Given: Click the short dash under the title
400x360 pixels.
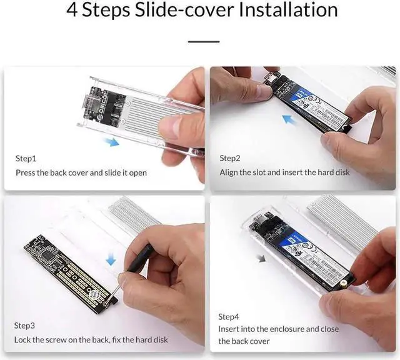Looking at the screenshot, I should [x=204, y=42].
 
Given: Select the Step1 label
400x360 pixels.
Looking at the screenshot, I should [x=26, y=159].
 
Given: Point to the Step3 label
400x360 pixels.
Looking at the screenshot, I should [x=26, y=326].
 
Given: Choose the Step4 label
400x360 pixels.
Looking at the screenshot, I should [x=230, y=316].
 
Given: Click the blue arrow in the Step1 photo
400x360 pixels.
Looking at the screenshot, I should [x=111, y=142].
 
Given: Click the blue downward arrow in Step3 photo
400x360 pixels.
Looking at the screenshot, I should [x=110, y=257].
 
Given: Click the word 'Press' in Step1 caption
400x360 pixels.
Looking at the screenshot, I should [x=26, y=172].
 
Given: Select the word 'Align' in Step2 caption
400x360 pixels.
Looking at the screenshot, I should [x=230, y=172].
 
